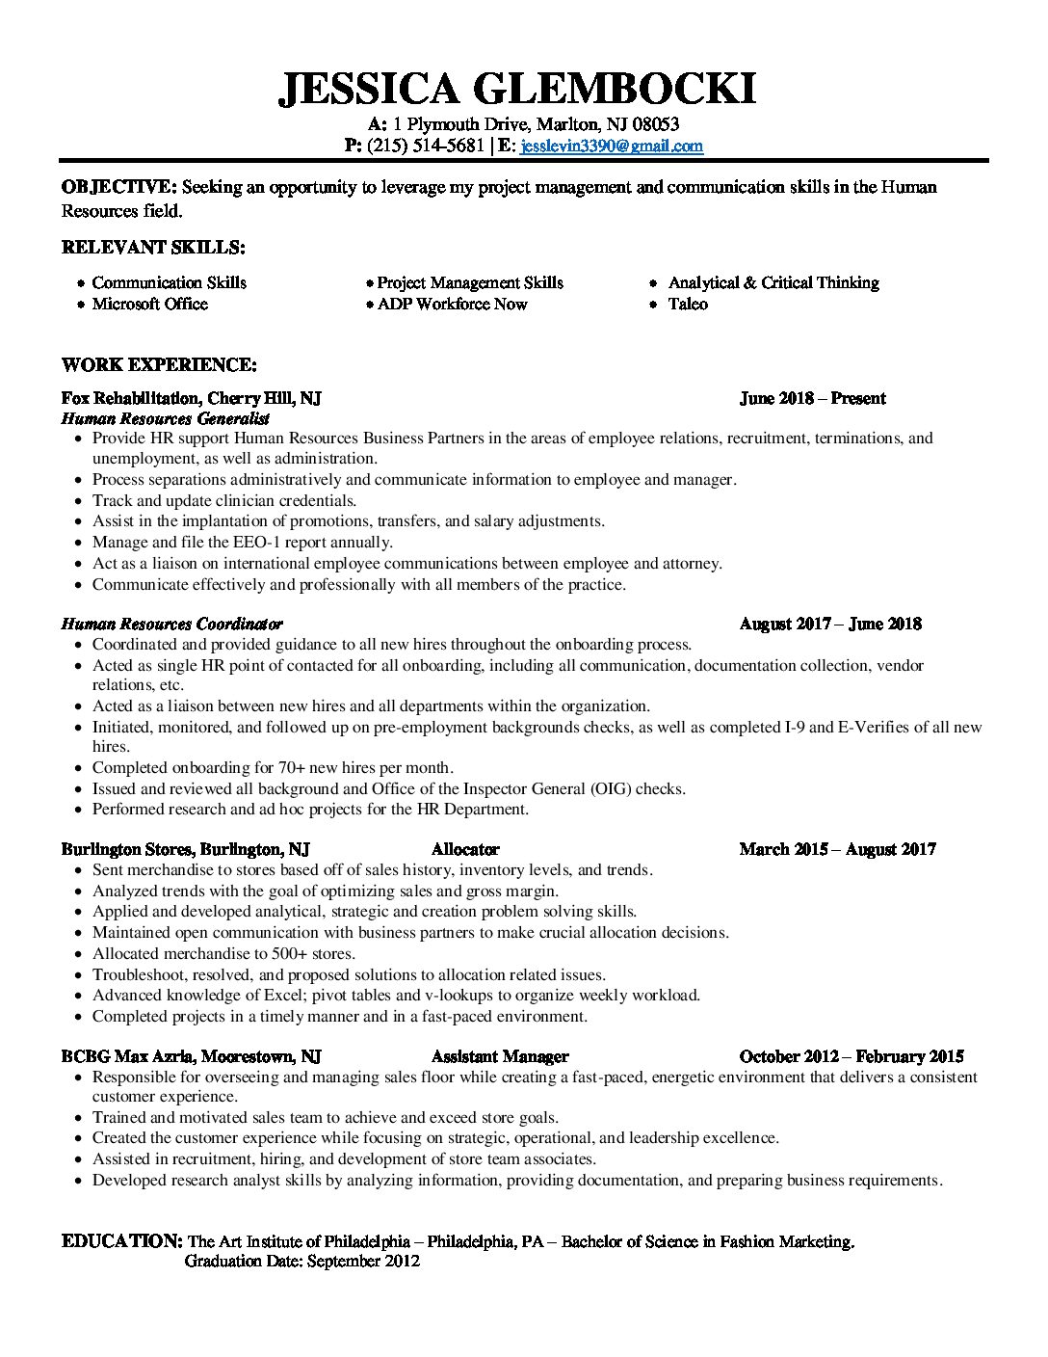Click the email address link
click(x=612, y=146)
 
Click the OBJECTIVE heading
click(x=118, y=187)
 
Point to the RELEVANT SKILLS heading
click(x=153, y=248)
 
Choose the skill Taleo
click(x=688, y=305)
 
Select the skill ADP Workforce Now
click(x=452, y=305)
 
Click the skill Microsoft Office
click(x=149, y=305)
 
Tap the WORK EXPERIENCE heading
click(x=159, y=365)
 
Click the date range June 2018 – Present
click(x=812, y=398)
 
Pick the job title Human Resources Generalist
click(x=165, y=418)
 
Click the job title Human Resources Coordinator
click(x=171, y=624)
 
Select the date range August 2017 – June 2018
click(x=829, y=624)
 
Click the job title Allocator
click(x=465, y=849)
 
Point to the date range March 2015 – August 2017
click(x=837, y=849)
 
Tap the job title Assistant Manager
click(x=500, y=1056)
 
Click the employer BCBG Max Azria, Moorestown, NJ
click(x=191, y=1056)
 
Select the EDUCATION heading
click(x=121, y=1240)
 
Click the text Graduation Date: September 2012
click(x=301, y=1262)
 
